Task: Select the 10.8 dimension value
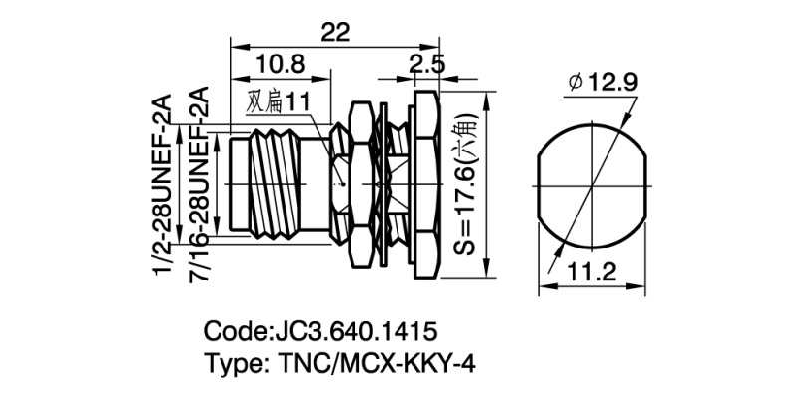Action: click(280, 65)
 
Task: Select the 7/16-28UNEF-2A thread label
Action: click(198, 185)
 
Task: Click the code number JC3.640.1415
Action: click(356, 329)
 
